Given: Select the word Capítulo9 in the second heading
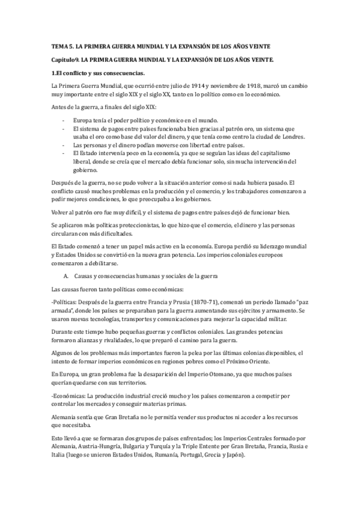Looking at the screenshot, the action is [x=64, y=59].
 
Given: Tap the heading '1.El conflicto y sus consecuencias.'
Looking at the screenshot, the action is [x=97, y=73].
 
